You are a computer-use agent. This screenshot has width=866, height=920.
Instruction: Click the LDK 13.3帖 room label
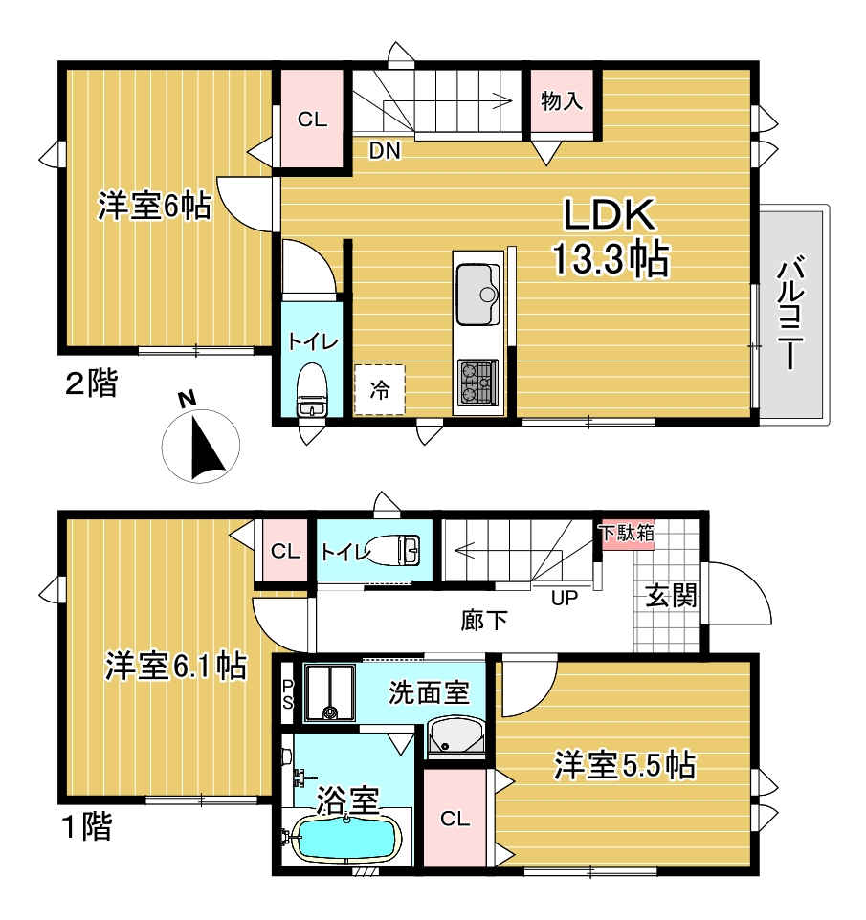tap(611, 237)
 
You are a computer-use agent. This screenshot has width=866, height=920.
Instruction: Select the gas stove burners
tap(477, 382)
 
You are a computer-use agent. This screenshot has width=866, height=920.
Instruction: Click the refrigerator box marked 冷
tap(379, 389)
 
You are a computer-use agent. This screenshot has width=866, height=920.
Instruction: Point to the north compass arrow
tap(206, 444)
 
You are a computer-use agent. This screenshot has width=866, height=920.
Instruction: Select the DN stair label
tap(385, 151)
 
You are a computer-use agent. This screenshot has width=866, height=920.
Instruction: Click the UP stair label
tap(565, 599)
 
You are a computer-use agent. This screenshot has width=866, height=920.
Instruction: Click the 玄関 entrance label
tap(671, 596)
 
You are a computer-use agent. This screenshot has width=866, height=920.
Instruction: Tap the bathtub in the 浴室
tap(347, 837)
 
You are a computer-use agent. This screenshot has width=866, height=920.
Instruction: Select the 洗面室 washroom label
tap(429, 693)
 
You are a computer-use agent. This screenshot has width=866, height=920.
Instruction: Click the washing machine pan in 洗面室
tap(329, 692)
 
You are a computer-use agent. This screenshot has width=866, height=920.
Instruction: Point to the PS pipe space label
tap(288, 694)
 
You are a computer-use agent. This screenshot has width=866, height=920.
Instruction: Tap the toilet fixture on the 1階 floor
tap(394, 550)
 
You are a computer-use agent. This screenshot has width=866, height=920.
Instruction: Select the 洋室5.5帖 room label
tap(625, 766)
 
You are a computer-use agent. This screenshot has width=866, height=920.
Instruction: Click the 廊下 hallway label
tap(484, 620)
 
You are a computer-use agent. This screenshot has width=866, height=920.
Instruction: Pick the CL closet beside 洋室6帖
tap(312, 120)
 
